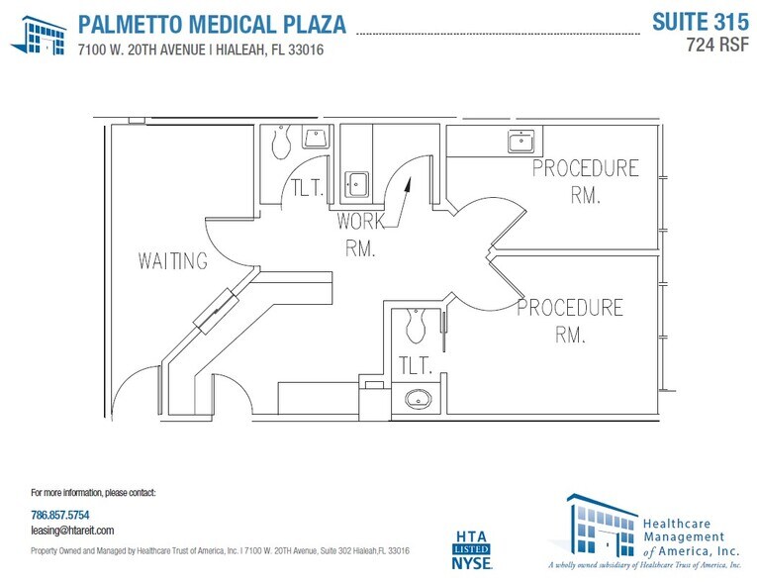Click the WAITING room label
point(173,261)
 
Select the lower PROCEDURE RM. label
point(570,321)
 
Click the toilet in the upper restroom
point(281,145)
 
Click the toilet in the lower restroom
point(416,324)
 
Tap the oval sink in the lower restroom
point(419,399)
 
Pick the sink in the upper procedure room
point(520,142)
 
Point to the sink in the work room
point(356,184)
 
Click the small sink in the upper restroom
point(316,138)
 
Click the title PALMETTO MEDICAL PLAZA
point(212,24)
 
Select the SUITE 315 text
point(699,21)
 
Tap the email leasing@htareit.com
point(72,531)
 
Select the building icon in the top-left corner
point(39,36)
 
